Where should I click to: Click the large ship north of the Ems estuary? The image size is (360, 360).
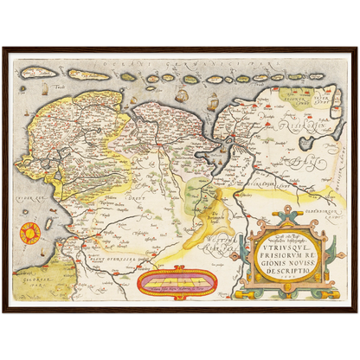(x=213, y=101)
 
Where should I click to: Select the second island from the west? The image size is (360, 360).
(x=89, y=75)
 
